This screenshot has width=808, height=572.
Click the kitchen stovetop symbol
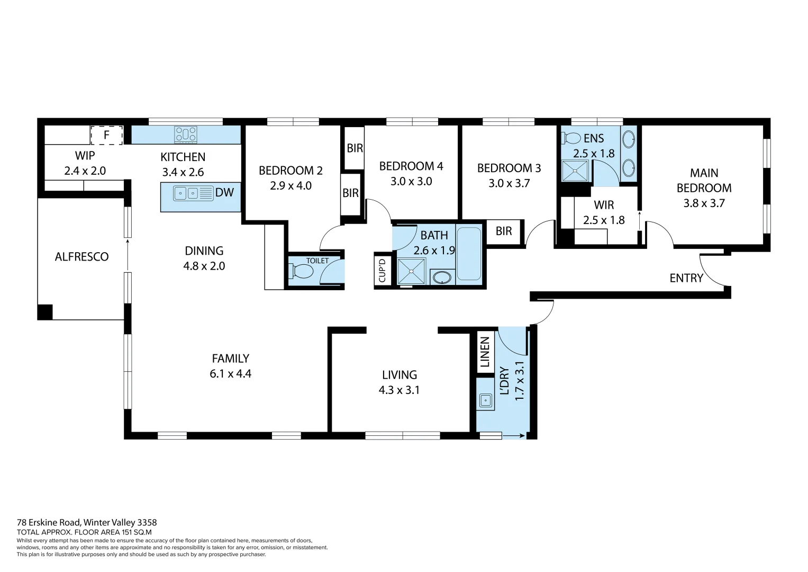click(x=186, y=135)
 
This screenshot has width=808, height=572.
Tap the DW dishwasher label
click(x=224, y=193)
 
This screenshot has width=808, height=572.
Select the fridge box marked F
click(x=107, y=135)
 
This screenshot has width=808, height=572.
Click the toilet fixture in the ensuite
click(x=571, y=139)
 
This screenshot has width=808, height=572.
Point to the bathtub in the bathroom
click(x=469, y=254)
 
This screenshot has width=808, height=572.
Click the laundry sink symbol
click(x=485, y=400)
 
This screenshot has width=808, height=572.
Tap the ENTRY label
click(x=686, y=278)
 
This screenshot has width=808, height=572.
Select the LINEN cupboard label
click(x=485, y=352)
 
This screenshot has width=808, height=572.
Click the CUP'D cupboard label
click(x=382, y=270)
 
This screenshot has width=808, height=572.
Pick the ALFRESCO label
click(x=81, y=257)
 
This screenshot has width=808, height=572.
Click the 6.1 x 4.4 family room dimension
click(x=230, y=374)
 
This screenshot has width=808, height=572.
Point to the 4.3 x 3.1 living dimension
click(x=399, y=390)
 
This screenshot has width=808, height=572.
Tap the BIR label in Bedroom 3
click(x=504, y=231)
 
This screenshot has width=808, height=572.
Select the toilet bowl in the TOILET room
click(x=302, y=272)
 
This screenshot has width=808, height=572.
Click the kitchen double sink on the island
click(x=186, y=193)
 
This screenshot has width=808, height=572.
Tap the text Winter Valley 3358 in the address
click(x=120, y=523)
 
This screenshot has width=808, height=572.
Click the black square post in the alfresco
click(x=45, y=312)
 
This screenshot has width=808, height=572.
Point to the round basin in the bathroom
click(x=442, y=277)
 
